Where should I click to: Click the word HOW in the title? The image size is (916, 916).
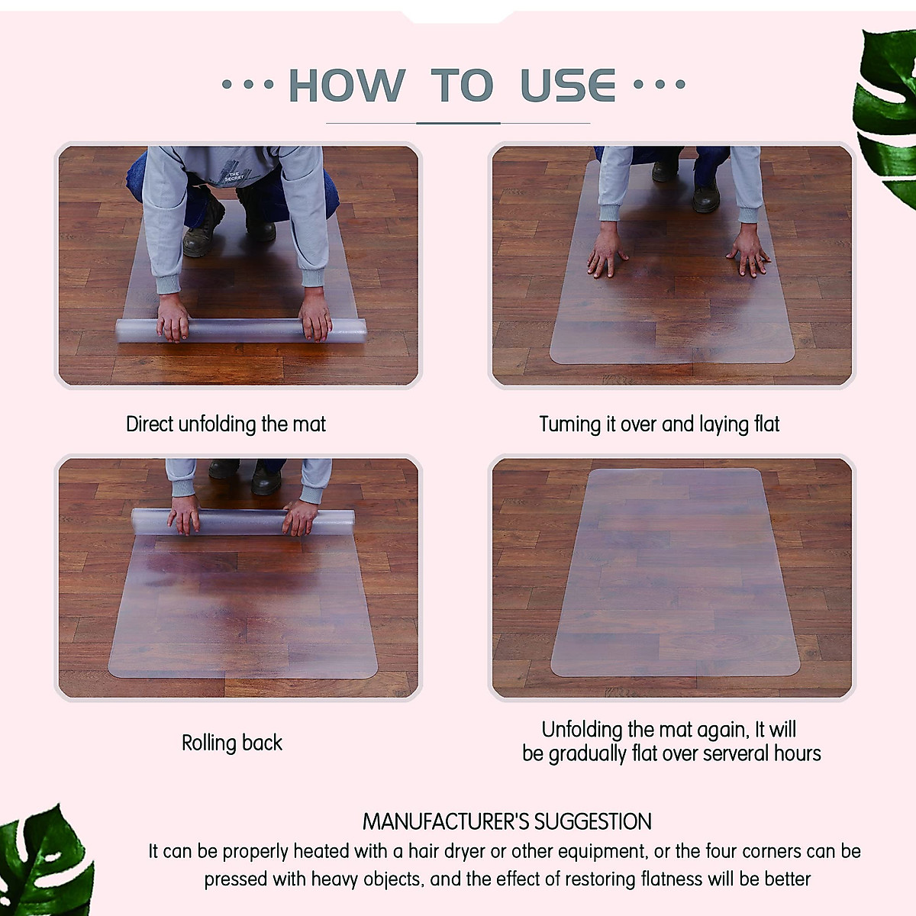click(x=347, y=85)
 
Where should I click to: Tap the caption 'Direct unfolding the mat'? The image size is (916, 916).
click(x=226, y=424)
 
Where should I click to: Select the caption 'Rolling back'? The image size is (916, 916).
click(x=232, y=743)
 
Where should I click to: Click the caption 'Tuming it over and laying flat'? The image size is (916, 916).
click(x=660, y=424)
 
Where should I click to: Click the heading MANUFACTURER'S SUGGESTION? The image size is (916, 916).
click(x=507, y=822)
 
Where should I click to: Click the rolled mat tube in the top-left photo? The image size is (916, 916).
click(x=241, y=331)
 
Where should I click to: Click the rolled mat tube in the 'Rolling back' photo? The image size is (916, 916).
click(x=243, y=521)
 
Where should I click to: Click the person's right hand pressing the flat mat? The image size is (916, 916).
click(x=750, y=253)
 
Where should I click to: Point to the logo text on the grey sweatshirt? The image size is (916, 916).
click(x=234, y=176)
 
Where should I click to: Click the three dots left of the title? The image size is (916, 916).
click(x=247, y=85)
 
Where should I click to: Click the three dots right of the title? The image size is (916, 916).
click(x=660, y=85)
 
